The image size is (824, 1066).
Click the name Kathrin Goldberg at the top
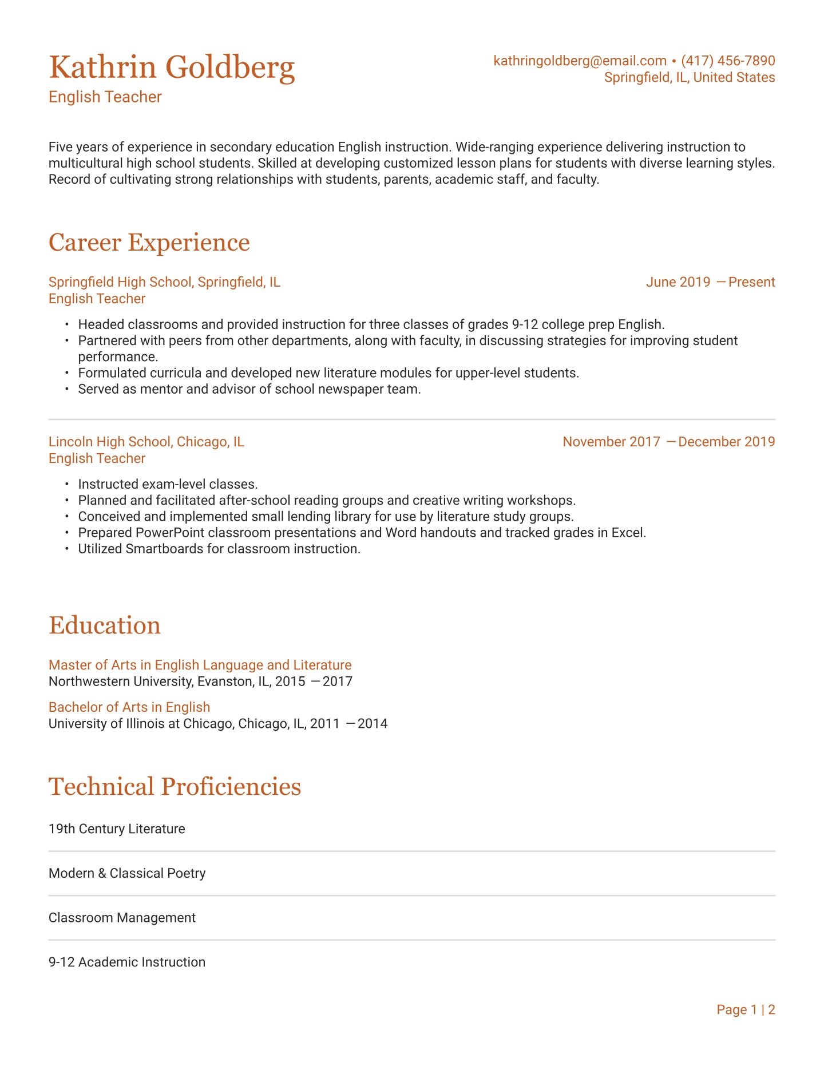point(172,68)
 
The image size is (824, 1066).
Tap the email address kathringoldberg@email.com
point(580,61)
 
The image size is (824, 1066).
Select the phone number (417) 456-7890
point(728,61)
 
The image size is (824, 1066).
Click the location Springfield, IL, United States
point(690,77)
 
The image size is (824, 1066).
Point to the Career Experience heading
point(149,243)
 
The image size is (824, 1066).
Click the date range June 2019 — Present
point(710,282)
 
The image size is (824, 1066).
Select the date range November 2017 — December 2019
point(668,442)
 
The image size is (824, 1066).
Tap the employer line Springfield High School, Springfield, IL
point(164,282)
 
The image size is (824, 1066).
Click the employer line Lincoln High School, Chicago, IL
point(146,442)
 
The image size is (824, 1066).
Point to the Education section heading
point(104,625)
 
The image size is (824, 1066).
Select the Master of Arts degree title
point(200,665)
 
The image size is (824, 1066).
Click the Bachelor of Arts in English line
point(129,707)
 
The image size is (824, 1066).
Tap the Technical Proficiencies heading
point(175,787)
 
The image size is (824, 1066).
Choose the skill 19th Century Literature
point(117,829)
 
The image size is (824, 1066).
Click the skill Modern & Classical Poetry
point(127,873)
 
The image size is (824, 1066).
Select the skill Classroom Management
point(122,918)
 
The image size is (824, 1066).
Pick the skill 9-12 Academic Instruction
point(127,962)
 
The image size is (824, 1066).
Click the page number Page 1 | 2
point(746,1010)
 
